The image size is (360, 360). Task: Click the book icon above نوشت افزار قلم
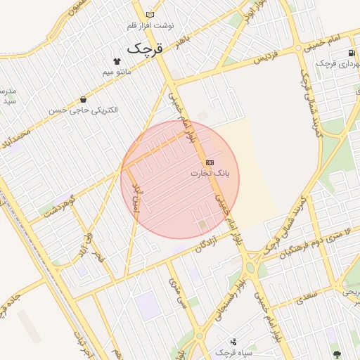[149, 15]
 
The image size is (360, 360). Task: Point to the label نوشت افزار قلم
[150, 25]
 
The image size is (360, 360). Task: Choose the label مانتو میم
[118, 71]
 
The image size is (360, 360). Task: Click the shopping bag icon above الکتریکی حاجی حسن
[84, 100]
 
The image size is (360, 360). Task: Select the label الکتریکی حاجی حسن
[84, 110]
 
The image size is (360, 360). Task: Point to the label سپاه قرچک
[233, 352]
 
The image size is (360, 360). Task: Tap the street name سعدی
[307, 296]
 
